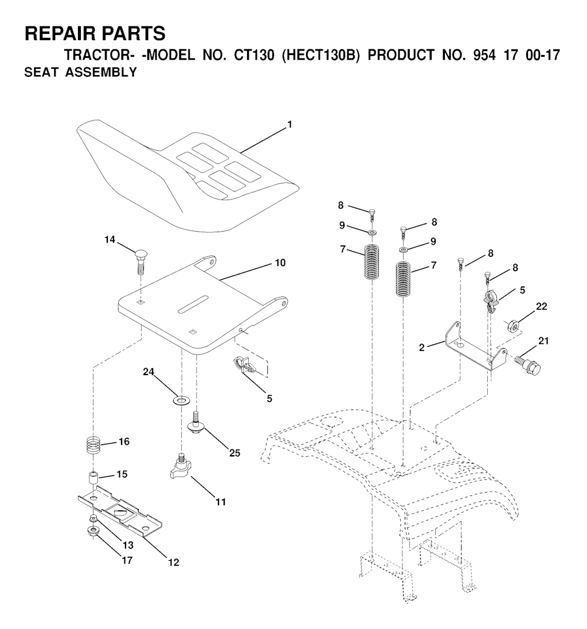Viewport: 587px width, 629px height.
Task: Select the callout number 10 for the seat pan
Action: [280, 263]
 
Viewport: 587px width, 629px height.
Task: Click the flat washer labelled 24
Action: [182, 399]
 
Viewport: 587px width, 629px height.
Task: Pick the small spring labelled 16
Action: [97, 444]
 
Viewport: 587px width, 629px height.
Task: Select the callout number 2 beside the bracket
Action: [421, 347]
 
